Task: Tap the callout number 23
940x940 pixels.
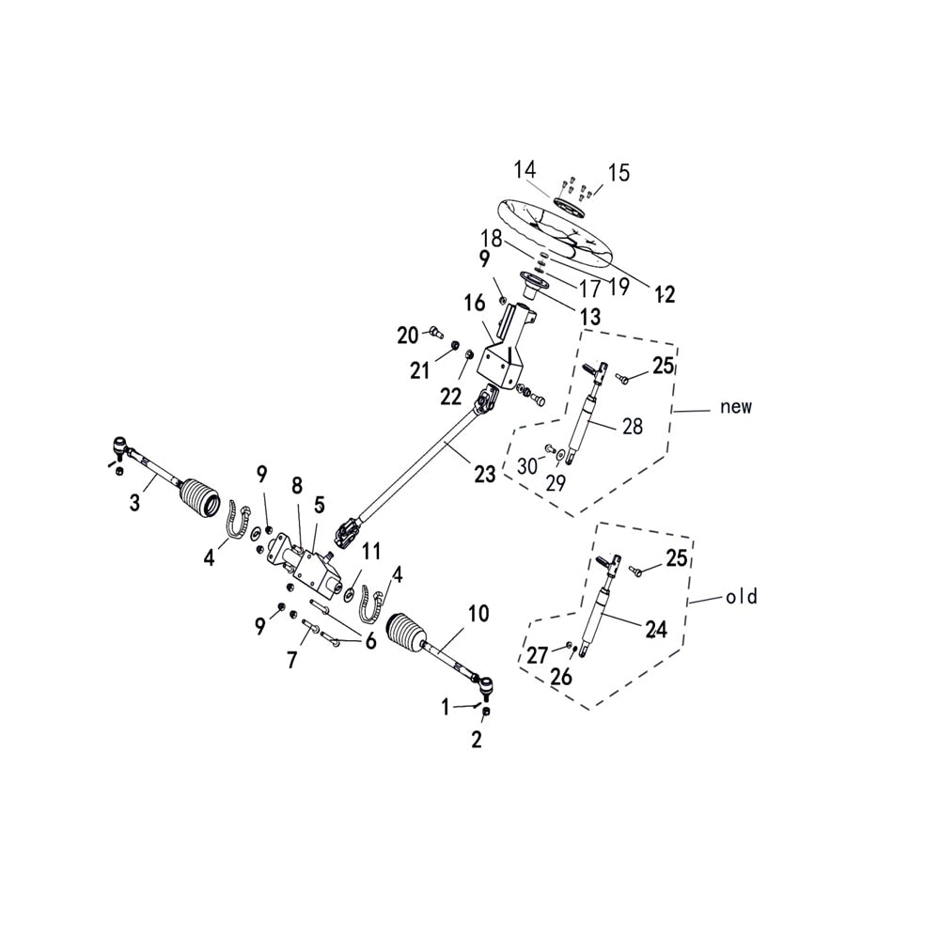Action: click(x=484, y=475)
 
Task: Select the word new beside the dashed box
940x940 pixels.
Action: click(x=736, y=407)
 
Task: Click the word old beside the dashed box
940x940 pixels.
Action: click(x=741, y=597)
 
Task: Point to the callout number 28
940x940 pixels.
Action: click(x=633, y=427)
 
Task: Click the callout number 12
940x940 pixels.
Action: click(x=665, y=295)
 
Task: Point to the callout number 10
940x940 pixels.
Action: click(x=478, y=615)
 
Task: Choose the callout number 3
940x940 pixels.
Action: click(x=134, y=503)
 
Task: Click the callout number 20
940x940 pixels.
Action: click(x=407, y=335)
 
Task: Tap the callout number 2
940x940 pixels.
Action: click(x=477, y=740)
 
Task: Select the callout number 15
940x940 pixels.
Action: click(x=619, y=173)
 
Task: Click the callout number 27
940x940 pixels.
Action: click(x=537, y=656)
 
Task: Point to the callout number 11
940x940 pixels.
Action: click(x=372, y=550)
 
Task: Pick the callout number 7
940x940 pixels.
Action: click(x=292, y=661)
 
